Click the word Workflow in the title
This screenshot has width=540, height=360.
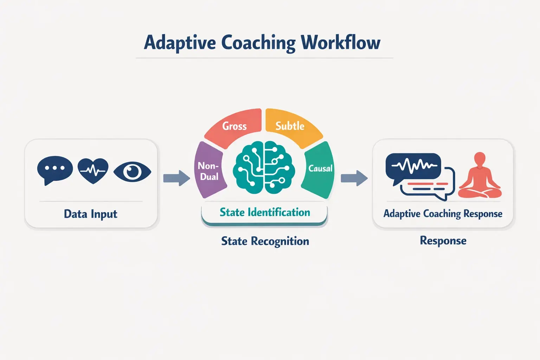pyautogui.click(x=340, y=43)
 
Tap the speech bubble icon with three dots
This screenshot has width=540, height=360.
pyautogui.click(x=55, y=169)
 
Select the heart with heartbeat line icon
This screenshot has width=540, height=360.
pyautogui.click(x=93, y=171)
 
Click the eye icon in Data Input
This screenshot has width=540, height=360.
pyautogui.click(x=132, y=172)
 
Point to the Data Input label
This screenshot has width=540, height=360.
pyautogui.click(x=90, y=214)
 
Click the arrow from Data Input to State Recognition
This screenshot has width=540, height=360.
pyautogui.click(x=176, y=178)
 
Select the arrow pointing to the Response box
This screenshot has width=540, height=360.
pyautogui.click(x=354, y=178)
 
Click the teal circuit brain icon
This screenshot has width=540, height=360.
pyautogui.click(x=264, y=168)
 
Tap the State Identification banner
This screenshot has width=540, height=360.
pyautogui.click(x=264, y=213)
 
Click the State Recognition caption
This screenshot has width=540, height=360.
pyautogui.click(x=265, y=241)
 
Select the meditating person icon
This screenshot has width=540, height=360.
pyautogui.click(x=480, y=176)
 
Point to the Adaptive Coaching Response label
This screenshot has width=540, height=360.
pyautogui.click(x=443, y=214)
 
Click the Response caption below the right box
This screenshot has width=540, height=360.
pyautogui.click(x=443, y=241)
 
